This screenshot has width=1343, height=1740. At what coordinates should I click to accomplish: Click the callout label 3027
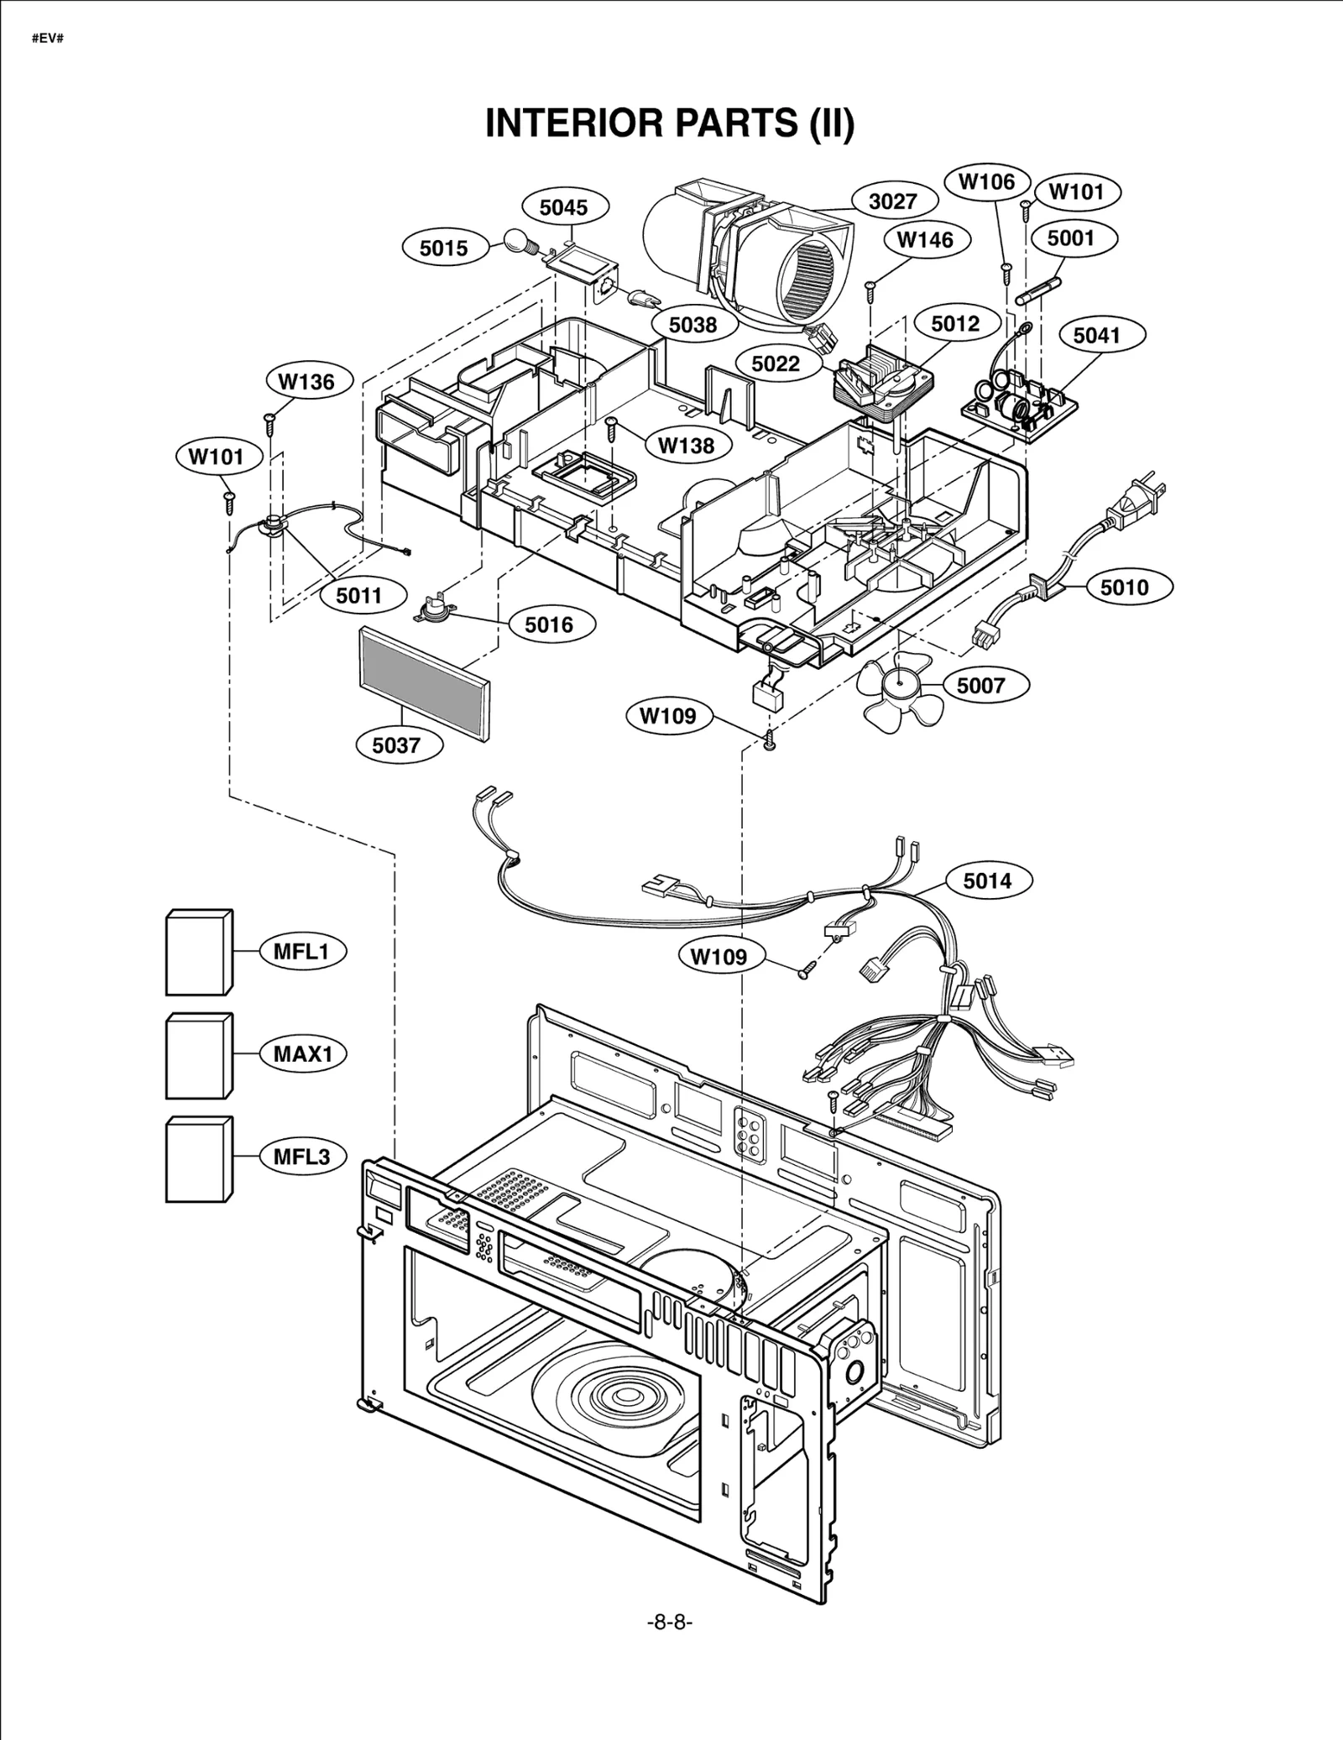coord(892,201)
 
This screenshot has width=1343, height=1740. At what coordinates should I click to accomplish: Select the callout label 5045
coord(564,207)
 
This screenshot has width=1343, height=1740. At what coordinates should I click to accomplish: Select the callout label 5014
coord(987,880)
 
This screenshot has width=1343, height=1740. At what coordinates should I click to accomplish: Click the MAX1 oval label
coord(303,1054)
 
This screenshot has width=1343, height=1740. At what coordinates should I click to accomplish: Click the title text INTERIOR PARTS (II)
coord(670,123)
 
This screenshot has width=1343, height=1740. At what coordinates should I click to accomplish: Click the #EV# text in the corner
coord(48,39)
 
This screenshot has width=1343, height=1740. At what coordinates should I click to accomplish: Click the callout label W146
coord(925,240)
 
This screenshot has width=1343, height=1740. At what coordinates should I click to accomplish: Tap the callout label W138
coord(686,446)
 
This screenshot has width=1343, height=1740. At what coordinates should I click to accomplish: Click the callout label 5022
coord(776,363)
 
